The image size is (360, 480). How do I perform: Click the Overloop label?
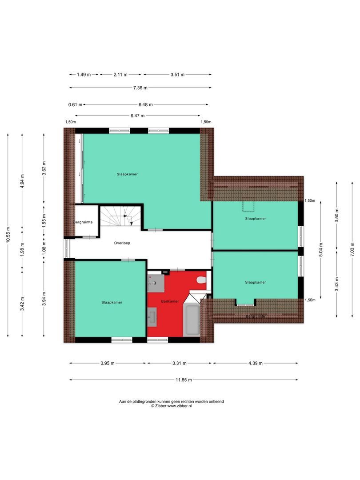(122, 243)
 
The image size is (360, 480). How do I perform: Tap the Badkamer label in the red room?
(170, 301)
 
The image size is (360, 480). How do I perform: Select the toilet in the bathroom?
(201, 280)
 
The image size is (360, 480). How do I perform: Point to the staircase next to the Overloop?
(121, 216)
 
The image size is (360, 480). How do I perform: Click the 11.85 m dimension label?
(184, 380)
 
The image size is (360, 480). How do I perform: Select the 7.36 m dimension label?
(140, 88)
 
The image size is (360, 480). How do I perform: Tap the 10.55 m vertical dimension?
(8, 235)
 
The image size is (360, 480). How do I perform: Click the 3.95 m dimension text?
(108, 364)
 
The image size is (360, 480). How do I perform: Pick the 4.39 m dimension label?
(255, 364)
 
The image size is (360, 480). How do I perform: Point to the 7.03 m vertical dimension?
(352, 249)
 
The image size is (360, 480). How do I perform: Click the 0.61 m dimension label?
(75, 105)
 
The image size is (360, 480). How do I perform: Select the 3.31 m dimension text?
(180, 364)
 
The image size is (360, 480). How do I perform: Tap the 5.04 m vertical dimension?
(321, 250)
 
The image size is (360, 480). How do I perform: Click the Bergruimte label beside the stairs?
(83, 222)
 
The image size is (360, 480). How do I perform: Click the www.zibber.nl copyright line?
(172, 406)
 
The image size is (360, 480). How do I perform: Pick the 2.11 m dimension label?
(120, 74)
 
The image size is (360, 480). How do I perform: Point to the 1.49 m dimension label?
(84, 74)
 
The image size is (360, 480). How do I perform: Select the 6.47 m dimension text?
(137, 116)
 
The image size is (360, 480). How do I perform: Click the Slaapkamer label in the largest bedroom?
(127, 174)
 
